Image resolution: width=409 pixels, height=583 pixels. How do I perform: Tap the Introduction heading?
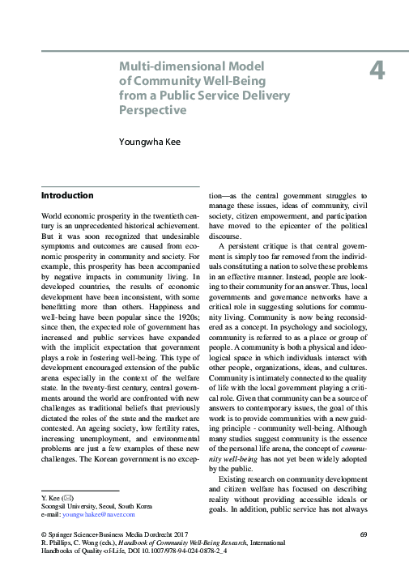[67, 196]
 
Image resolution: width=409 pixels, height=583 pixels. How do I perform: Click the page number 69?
[364, 534]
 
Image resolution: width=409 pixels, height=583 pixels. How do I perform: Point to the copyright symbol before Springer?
[43, 534]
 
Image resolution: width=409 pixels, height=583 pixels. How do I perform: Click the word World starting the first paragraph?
[54, 219]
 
